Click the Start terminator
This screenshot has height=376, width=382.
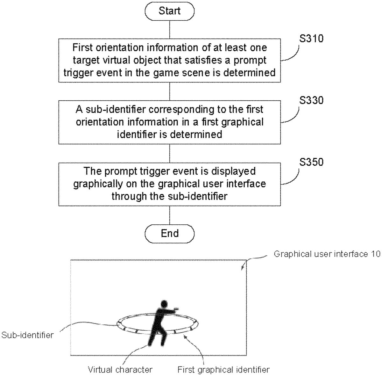coord(169,11)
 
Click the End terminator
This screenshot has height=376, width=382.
coord(169,233)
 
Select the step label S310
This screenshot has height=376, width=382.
coord(311,39)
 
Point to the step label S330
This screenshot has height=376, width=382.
coord(311,100)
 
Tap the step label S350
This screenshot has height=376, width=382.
coord(311,162)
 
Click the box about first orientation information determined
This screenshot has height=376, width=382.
coord(169,61)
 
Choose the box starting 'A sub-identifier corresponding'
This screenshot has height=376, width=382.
coord(169,122)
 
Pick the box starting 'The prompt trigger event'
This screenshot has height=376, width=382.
coord(169,184)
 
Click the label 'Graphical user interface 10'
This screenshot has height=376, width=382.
coord(327,254)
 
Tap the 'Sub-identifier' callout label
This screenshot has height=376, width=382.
coord(28,335)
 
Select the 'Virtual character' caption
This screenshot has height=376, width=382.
coord(120,370)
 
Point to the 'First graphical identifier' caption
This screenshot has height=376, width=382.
coord(223,370)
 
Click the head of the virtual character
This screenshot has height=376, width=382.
coord(164,304)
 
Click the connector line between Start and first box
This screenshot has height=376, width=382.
coord(169,29)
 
